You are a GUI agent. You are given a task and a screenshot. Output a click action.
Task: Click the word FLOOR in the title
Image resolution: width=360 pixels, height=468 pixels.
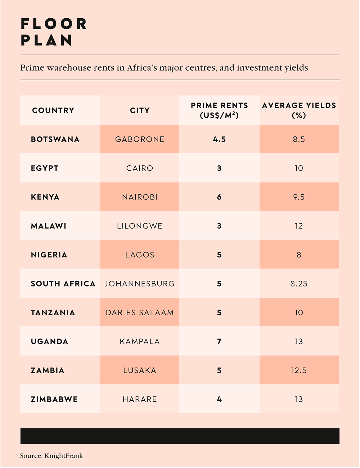[x=54, y=24]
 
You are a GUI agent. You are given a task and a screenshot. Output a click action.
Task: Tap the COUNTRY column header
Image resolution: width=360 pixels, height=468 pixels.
[x=53, y=111]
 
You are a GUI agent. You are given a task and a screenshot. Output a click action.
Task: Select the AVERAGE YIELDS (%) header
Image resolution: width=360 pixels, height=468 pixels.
[x=299, y=110]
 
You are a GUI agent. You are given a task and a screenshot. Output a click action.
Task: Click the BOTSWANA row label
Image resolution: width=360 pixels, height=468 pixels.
[x=55, y=139]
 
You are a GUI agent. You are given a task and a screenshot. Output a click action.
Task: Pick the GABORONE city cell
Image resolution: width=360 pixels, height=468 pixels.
[x=140, y=139]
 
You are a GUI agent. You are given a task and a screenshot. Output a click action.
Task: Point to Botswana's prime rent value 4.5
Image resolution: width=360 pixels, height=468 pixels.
[x=219, y=139]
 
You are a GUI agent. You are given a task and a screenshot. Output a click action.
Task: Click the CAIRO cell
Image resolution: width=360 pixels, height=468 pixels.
[x=140, y=168]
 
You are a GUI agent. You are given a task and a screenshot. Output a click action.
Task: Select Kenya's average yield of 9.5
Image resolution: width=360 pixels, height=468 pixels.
[x=299, y=197]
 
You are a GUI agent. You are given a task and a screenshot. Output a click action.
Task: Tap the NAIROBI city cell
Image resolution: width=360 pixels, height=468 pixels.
[x=140, y=197]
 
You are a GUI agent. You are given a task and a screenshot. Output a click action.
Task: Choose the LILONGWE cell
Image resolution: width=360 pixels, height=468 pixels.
[x=140, y=226]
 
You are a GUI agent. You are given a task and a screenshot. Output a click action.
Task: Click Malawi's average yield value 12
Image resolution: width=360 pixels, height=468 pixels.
[x=299, y=226]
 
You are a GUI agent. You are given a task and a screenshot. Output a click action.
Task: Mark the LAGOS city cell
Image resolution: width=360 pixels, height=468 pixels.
[x=140, y=255]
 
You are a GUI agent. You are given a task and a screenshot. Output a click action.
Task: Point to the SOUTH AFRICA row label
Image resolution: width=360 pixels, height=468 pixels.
[x=63, y=284]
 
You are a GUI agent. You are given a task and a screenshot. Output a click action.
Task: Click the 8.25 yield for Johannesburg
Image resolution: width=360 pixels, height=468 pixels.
[x=299, y=284]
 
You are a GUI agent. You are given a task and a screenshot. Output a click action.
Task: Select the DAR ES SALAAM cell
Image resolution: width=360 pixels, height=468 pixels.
[x=140, y=312]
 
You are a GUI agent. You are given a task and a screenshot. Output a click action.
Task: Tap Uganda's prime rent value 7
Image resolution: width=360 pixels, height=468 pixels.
[x=219, y=341]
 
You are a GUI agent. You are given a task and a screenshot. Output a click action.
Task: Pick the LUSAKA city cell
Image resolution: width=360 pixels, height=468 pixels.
[x=140, y=370]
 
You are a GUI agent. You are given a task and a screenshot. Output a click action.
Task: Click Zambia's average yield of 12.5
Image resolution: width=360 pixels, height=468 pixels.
[x=299, y=370]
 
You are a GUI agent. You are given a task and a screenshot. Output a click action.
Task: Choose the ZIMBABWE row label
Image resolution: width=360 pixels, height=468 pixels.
[x=54, y=399]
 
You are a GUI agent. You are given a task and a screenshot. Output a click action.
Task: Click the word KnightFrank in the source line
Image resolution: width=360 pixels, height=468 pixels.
[x=63, y=456]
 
